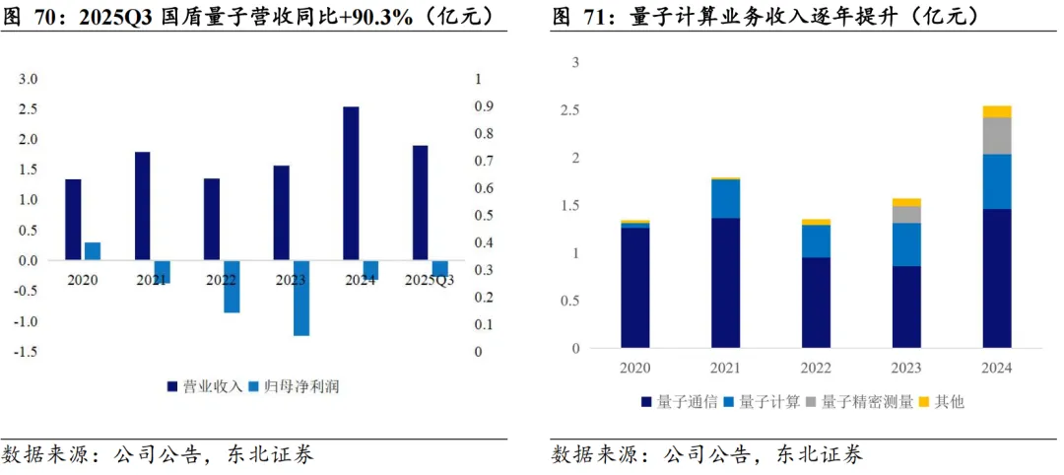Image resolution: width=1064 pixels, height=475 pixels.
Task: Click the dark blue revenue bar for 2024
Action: pos(350,183)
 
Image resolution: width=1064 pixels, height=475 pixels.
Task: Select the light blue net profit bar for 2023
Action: pos(301,298)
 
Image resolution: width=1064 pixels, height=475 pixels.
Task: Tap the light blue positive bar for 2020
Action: pos(93,251)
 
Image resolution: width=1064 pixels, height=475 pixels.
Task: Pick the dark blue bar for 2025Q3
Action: pos(420,203)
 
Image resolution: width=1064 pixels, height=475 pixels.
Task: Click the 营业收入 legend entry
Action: pos(204,386)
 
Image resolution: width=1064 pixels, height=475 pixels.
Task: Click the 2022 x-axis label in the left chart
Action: pos(222,280)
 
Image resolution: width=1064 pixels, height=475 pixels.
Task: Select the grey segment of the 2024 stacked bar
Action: pos(997,136)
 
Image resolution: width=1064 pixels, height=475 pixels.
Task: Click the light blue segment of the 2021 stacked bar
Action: pos(725,199)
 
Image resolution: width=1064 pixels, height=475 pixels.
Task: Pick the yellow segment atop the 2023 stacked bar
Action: pos(906,202)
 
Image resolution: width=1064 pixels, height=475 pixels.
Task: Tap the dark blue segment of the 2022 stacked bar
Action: pos(816,304)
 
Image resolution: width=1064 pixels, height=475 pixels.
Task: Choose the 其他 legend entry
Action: pos(941,402)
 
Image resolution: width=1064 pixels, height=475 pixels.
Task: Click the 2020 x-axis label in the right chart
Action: pos(634,368)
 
